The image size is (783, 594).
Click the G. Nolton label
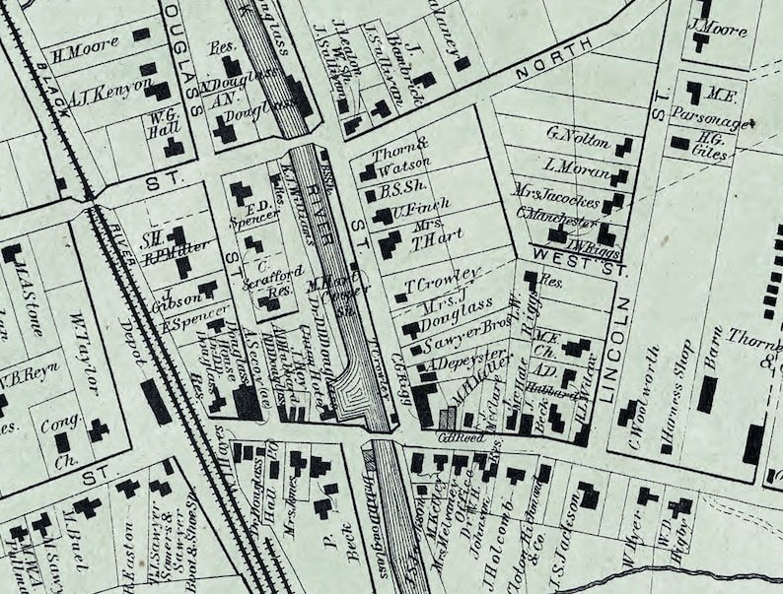(x=578, y=136)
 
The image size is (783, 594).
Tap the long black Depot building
(x=155, y=401)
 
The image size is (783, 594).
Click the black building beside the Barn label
(x=706, y=394)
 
